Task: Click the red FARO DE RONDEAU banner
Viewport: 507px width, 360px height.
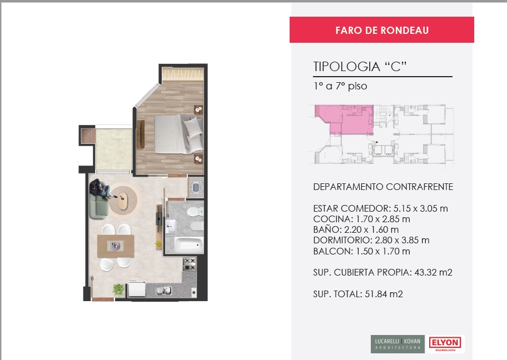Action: (381, 30)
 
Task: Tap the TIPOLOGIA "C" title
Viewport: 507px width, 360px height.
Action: (360, 67)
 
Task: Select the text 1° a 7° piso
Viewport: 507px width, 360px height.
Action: (340, 86)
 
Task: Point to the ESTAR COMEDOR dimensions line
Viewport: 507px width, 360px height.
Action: (380, 208)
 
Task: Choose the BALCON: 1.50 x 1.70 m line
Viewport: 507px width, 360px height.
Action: (361, 251)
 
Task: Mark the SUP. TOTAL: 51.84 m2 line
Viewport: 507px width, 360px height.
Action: (358, 294)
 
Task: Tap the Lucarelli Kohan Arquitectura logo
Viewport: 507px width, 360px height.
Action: (397, 344)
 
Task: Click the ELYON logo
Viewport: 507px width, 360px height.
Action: (445, 344)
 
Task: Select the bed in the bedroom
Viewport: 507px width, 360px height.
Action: (178, 134)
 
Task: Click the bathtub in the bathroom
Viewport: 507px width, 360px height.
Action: (189, 244)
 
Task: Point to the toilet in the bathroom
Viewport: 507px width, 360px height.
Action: (195, 212)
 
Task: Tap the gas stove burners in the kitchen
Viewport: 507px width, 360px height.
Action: (190, 264)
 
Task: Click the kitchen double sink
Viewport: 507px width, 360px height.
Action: (164, 291)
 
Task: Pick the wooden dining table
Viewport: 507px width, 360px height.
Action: (116, 246)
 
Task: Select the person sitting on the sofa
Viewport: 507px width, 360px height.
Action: (101, 189)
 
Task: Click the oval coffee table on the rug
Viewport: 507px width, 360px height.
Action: (123, 201)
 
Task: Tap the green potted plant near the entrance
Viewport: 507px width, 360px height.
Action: (118, 289)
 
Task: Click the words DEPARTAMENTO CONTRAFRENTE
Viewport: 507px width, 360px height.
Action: (383, 187)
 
